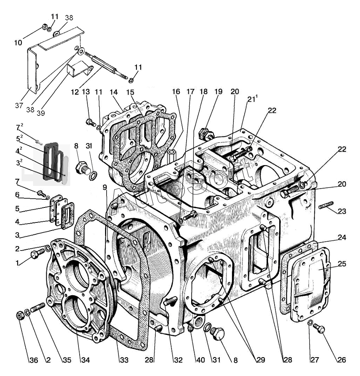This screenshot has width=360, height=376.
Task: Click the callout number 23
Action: coord(342,211)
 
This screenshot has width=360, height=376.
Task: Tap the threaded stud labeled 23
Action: coord(325,205)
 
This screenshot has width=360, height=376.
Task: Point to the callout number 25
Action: coord(342,264)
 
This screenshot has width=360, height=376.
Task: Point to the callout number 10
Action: coord(18,42)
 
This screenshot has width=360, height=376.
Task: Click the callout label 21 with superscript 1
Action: coord(252,99)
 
